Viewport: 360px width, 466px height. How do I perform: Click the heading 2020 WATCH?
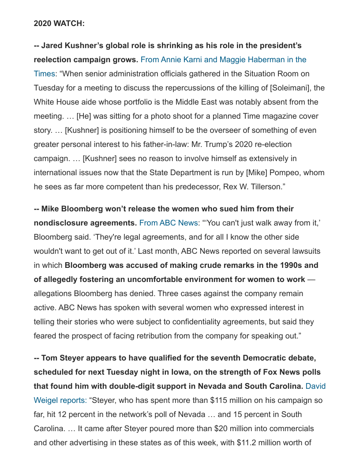tap(59, 24)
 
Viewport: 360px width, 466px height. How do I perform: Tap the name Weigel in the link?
tap(47, 400)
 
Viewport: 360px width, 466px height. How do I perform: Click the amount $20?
tap(222, 428)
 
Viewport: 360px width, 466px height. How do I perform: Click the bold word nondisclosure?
tap(61, 223)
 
